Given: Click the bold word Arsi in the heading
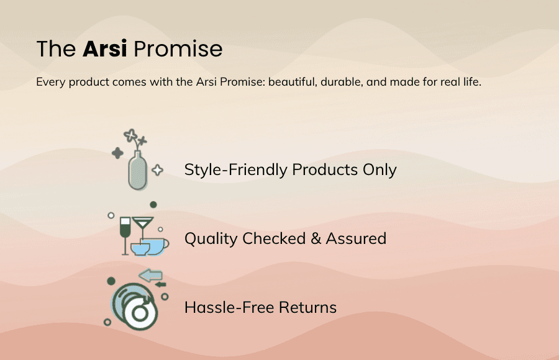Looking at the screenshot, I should pos(104,49).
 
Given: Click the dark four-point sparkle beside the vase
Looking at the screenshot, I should pos(117,153).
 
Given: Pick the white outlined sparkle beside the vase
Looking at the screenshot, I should pos(158,170).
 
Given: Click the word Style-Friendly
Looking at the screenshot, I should pos(236,169).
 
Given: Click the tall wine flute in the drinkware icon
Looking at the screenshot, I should pos(125,233).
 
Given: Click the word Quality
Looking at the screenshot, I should pos(211,238).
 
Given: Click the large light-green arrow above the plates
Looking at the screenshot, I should pos(151,274).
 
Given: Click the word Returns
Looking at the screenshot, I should pos(307,307).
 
